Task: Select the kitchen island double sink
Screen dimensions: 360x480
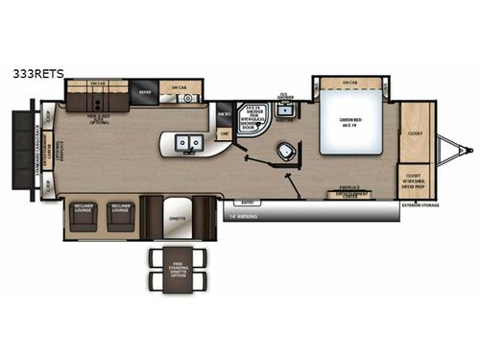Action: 187,143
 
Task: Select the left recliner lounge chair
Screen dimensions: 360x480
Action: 83,216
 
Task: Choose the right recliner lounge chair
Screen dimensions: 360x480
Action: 121,216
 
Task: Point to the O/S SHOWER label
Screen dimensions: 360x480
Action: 285,97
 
